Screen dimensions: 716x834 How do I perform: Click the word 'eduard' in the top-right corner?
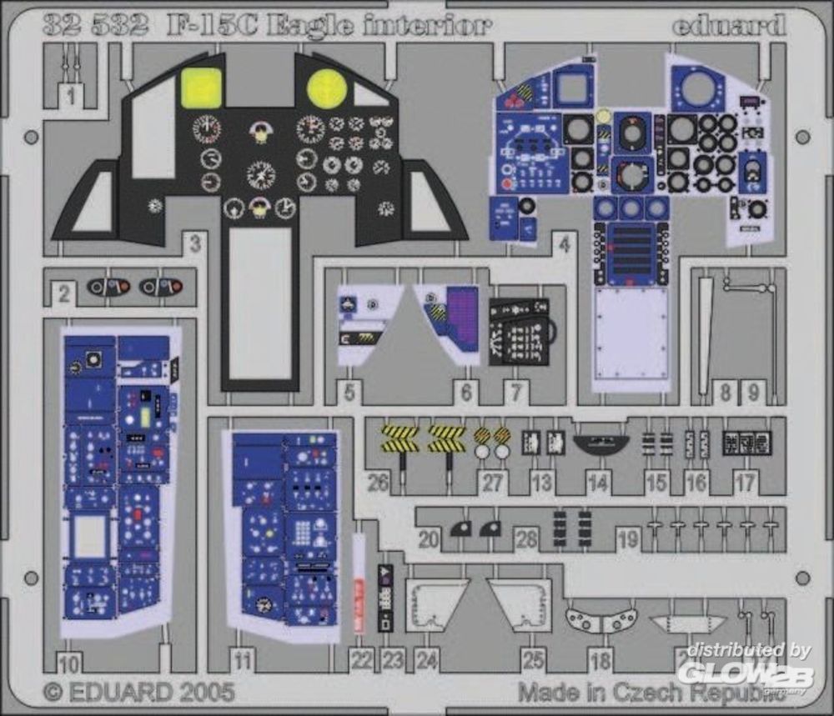click(x=729, y=25)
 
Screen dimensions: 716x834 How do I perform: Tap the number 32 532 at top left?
click(x=94, y=25)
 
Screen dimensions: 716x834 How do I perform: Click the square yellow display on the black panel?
click(x=201, y=88)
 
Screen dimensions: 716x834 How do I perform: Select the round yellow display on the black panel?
click(x=327, y=88)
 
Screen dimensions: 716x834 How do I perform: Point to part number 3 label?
click(x=194, y=244)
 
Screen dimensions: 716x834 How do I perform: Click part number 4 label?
click(x=565, y=244)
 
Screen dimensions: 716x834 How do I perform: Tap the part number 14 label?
click(x=597, y=481)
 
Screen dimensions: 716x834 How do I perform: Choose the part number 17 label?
click(x=745, y=481)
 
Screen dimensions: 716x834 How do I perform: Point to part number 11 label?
click(x=243, y=663)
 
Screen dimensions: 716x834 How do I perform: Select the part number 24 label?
click(x=426, y=661)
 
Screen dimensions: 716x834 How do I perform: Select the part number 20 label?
click(x=429, y=540)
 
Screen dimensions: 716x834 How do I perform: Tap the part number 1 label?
click(x=71, y=97)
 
